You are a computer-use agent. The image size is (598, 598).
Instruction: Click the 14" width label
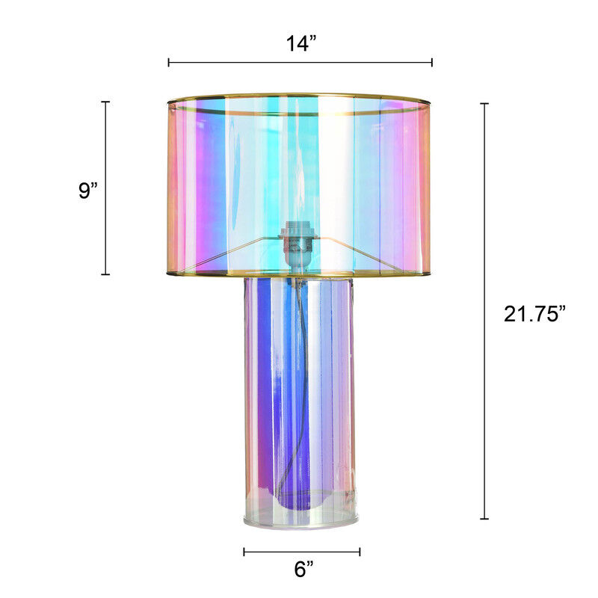[300, 43]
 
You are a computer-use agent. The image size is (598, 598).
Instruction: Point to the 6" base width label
[303, 570]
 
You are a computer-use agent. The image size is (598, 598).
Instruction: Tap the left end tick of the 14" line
[169, 63]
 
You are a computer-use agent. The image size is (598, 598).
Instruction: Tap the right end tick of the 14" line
[432, 63]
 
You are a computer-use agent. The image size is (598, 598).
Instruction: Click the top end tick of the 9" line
[105, 102]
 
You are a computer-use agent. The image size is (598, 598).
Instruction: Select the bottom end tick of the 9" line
[105, 274]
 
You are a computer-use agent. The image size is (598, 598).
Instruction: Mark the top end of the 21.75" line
[484, 103]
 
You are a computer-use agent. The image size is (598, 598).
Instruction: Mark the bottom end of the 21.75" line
[484, 518]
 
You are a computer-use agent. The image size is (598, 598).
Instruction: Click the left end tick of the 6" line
[244, 552]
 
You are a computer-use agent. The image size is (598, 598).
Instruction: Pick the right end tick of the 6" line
[360, 552]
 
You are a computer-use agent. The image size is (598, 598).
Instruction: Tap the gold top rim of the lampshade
[299, 96]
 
